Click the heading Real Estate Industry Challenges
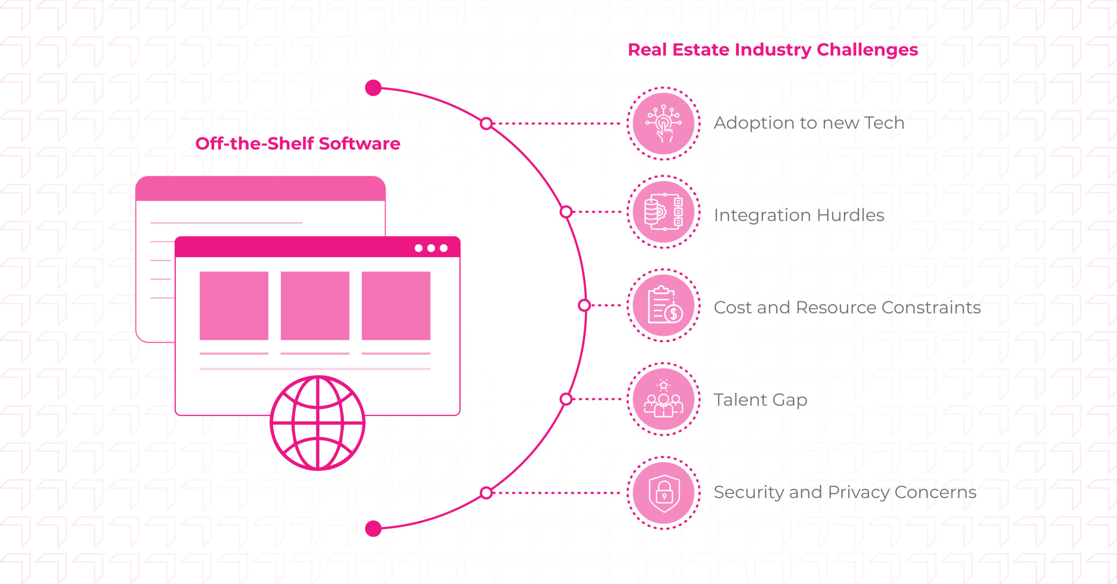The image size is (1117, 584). point(773,50)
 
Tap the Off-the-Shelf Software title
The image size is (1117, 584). point(298,144)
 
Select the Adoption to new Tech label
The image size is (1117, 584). point(809,123)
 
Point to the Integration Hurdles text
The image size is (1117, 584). point(799,215)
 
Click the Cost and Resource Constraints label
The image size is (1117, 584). point(847,308)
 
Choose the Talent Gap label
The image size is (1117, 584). point(761,400)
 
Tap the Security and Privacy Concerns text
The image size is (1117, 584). point(845,492)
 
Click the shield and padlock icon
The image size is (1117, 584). point(664,493)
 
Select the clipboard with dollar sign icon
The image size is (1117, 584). point(664,305)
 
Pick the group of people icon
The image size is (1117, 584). point(664,400)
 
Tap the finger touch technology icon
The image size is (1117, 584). point(664,124)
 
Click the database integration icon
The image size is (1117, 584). point(664,212)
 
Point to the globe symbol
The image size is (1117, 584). point(318,423)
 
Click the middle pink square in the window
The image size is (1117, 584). point(315,306)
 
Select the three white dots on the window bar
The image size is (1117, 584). point(431,248)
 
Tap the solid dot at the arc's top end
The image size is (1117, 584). point(373,88)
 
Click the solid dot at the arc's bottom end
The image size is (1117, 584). point(373,529)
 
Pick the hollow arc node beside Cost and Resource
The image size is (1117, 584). point(584,306)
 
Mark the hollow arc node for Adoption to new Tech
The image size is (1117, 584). point(486,124)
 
